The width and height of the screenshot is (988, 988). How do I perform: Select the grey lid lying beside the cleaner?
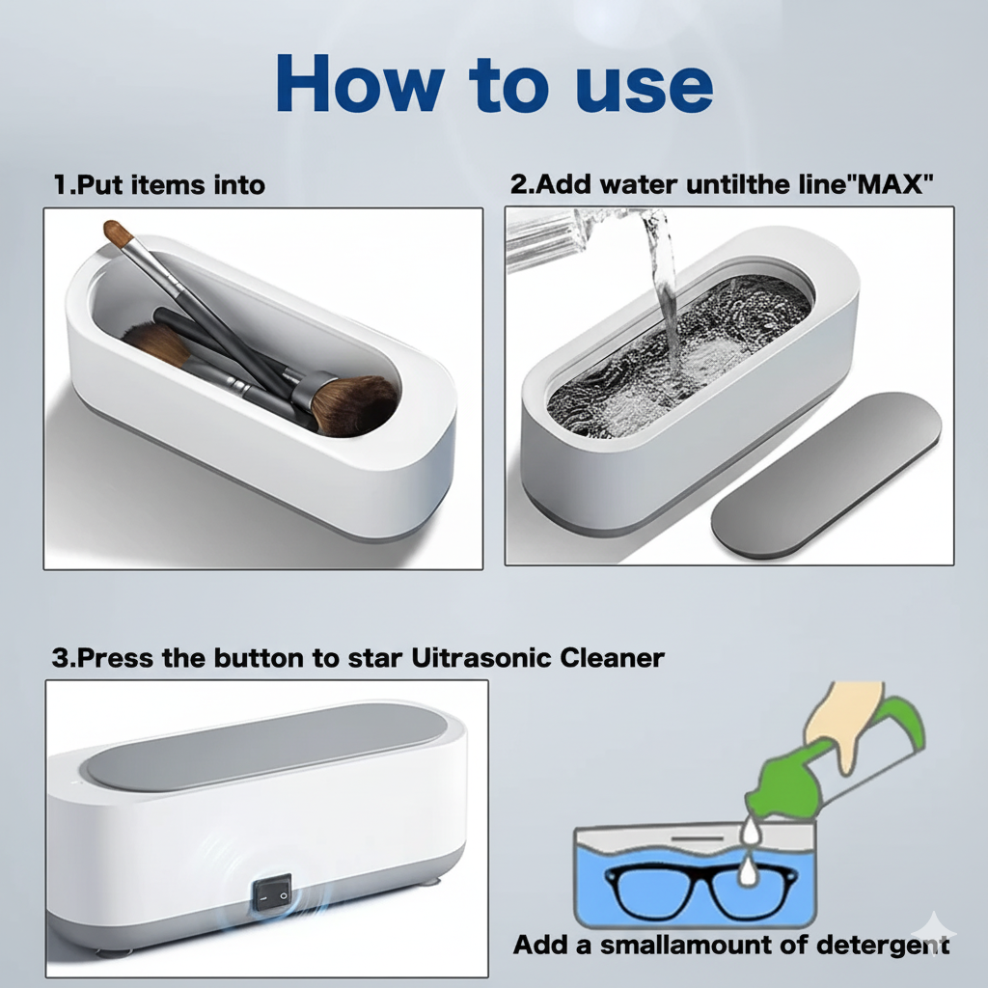[825, 475]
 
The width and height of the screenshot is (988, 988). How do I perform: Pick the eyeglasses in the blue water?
[700, 888]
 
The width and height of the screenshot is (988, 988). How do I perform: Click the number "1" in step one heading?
[59, 185]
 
